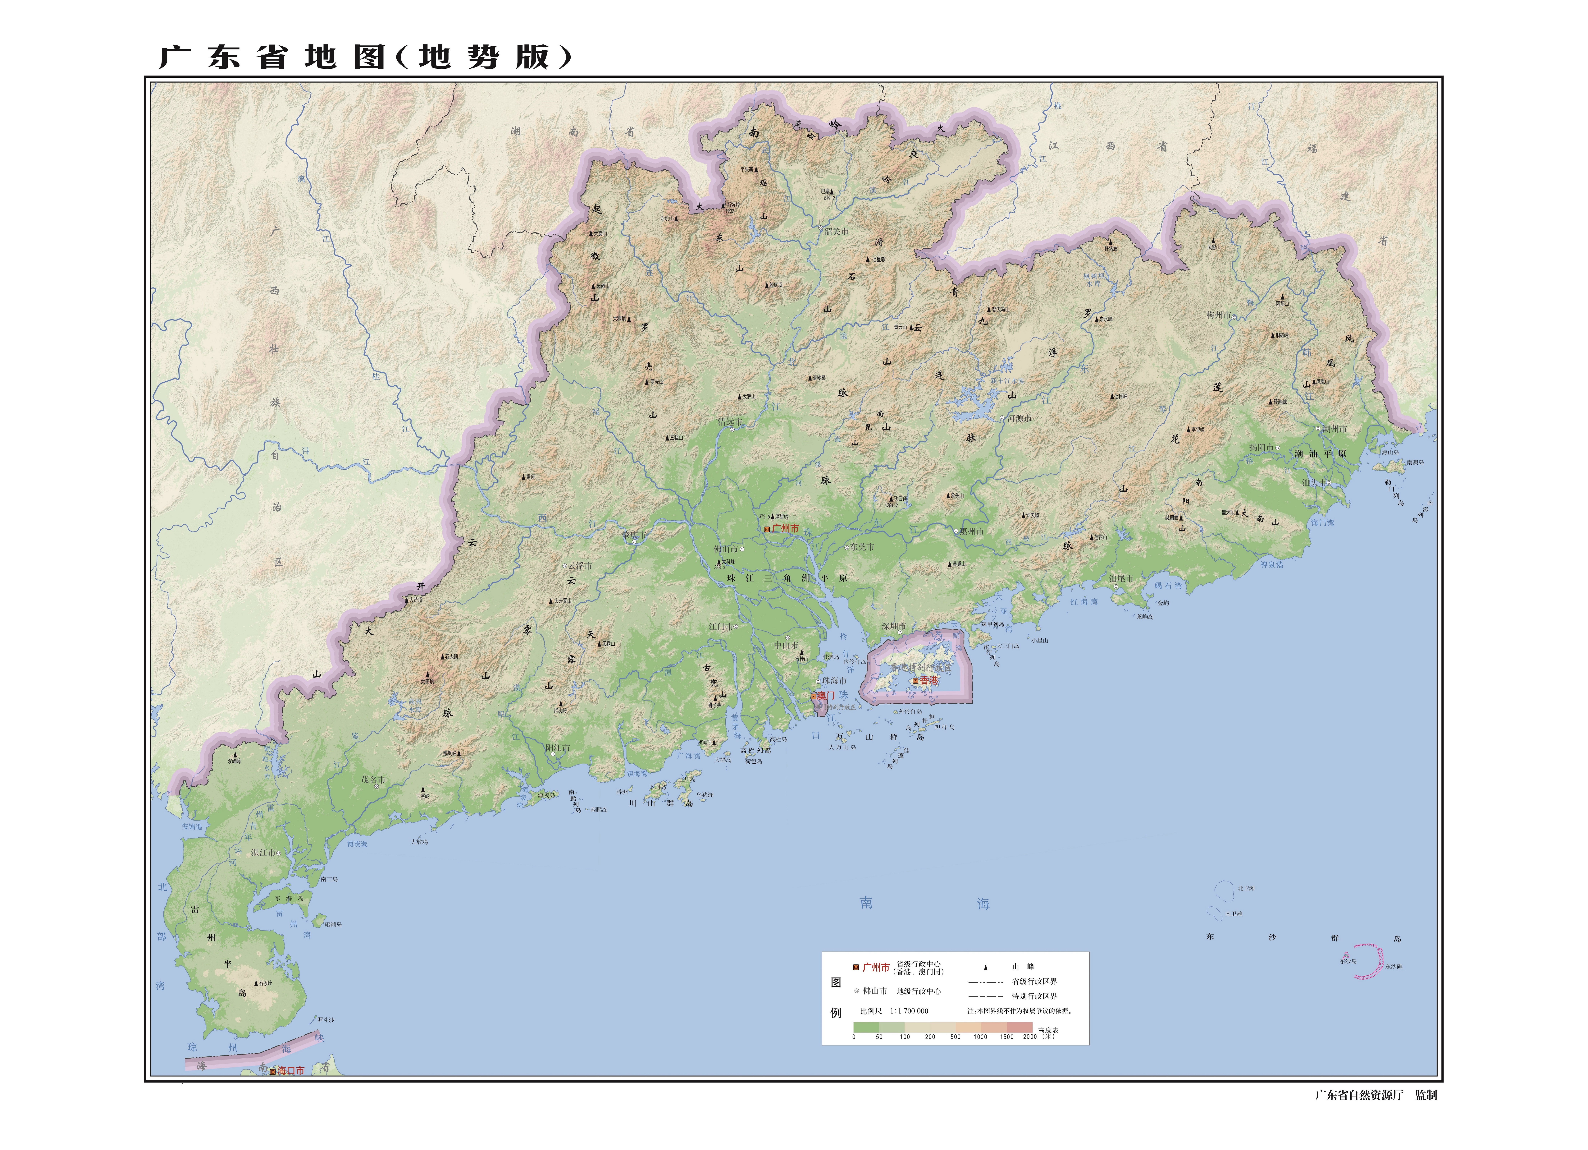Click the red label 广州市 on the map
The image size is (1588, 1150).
(x=785, y=529)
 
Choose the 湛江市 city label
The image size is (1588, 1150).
(x=263, y=853)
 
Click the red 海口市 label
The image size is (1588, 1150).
(x=291, y=1071)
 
